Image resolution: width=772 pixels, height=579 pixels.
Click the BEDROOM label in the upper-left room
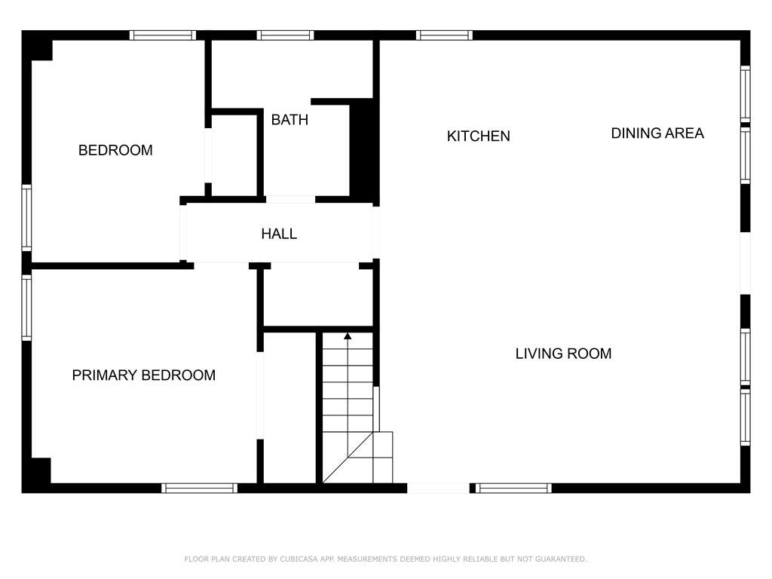click(x=115, y=150)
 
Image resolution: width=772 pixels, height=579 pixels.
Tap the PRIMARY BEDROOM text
click(x=143, y=375)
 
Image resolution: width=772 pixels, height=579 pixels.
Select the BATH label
click(x=289, y=119)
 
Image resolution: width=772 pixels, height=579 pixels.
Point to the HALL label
click(x=279, y=234)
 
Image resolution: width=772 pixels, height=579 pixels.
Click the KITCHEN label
click(x=478, y=136)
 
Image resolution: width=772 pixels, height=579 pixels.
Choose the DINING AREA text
click(x=657, y=133)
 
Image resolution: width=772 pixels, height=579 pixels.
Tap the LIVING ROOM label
click(x=563, y=353)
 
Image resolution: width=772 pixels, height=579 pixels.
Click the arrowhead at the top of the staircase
click(x=348, y=335)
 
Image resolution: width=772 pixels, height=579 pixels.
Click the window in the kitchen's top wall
click(x=444, y=35)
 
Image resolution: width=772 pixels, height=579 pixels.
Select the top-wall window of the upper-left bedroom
click(x=162, y=35)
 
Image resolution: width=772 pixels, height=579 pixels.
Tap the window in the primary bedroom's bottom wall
click(x=200, y=488)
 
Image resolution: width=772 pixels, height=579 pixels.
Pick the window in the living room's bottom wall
click(x=514, y=488)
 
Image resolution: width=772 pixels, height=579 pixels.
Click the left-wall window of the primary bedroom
click(x=26, y=308)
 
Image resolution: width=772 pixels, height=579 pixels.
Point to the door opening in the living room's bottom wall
click(x=438, y=488)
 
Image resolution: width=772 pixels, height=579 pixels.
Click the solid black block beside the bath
click(x=363, y=149)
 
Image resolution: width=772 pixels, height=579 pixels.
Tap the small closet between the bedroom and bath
click(x=234, y=155)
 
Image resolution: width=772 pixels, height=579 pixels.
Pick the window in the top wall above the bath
click(x=285, y=35)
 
